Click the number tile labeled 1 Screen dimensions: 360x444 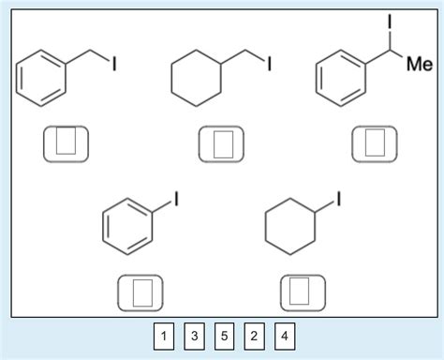pos(164,337)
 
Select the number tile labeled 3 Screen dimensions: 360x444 pos(194,337)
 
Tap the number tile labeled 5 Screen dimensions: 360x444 pos(224,337)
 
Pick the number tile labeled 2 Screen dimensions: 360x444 pos(254,337)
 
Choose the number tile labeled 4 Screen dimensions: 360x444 pos(284,337)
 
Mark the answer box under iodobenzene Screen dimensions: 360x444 pos(141,292)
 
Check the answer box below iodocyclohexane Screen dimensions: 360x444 pos(302,292)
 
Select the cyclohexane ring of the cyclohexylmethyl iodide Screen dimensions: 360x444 pos(197,85)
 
